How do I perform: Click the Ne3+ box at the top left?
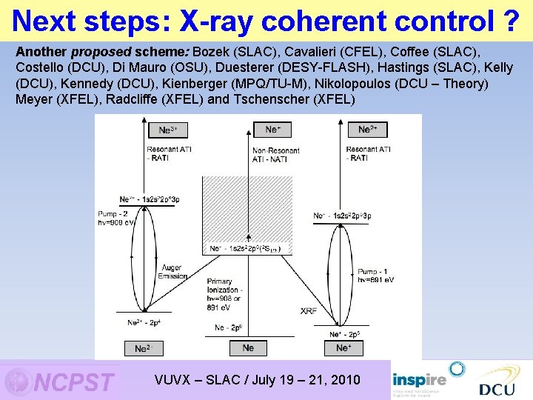[x=168, y=130]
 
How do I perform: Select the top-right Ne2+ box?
[x=367, y=130]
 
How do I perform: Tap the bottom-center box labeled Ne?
[x=248, y=347]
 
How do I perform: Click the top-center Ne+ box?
[x=272, y=130]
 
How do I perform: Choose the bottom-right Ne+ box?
[x=343, y=347]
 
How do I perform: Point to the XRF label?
[x=309, y=311]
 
